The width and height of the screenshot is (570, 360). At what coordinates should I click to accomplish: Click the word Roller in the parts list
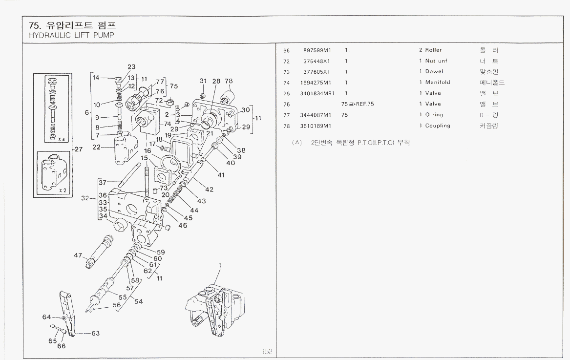pyautogui.click(x=433, y=50)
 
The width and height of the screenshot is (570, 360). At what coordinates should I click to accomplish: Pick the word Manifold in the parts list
pyautogui.click(x=438, y=83)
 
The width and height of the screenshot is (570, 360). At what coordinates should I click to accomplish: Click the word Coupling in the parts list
pyautogui.click(x=438, y=126)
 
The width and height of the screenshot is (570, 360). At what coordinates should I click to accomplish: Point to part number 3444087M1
pyautogui.click(x=316, y=115)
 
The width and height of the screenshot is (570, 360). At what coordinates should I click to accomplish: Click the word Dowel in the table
pyautogui.click(x=434, y=72)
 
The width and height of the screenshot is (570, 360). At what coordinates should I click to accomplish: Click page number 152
pyautogui.click(x=267, y=352)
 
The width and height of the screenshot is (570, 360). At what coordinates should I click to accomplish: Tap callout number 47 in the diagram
pyautogui.click(x=78, y=255)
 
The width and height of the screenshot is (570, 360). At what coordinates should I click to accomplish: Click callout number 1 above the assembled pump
pyautogui.click(x=220, y=266)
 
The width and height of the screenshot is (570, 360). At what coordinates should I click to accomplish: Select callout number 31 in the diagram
pyautogui.click(x=203, y=81)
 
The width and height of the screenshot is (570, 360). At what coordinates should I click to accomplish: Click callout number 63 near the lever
pyautogui.click(x=96, y=334)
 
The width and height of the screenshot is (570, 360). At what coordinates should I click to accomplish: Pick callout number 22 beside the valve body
pyautogui.click(x=96, y=148)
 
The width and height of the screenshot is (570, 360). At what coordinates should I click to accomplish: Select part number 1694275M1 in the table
pyautogui.click(x=316, y=83)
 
